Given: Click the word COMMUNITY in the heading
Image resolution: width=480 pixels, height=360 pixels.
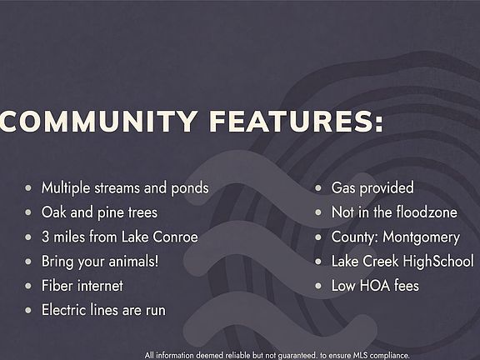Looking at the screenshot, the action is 98,121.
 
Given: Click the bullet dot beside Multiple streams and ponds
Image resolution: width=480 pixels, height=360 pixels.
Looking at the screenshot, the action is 28,187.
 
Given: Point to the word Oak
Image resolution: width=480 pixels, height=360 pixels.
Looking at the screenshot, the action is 53,212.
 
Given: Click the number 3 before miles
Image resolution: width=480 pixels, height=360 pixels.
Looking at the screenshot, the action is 45,237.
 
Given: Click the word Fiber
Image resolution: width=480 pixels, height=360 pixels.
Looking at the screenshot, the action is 57,286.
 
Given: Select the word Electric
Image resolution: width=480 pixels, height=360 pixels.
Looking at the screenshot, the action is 62,310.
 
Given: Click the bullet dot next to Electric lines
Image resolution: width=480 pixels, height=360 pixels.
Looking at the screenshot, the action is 28,310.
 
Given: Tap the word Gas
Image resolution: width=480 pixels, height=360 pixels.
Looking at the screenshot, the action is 343,187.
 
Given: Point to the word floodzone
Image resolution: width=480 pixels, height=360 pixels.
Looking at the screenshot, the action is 427,212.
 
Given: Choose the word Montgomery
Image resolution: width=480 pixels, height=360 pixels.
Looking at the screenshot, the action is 421,237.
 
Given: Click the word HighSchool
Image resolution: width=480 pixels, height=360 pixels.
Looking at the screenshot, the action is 438,262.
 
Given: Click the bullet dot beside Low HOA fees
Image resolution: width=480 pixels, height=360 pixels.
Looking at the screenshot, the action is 318,286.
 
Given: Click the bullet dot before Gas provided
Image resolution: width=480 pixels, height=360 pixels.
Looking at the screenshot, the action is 318,187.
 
